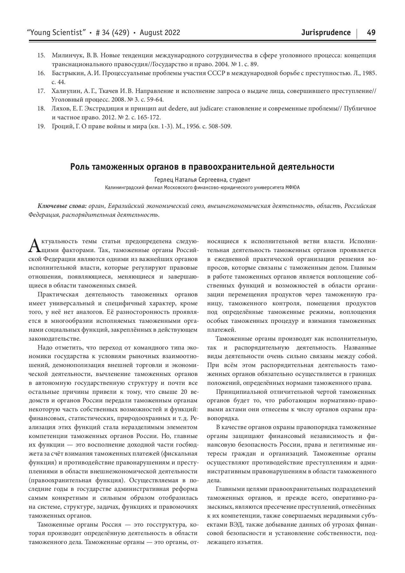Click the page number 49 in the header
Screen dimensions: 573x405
click(x=371, y=32)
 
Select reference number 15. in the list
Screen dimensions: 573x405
click(x=41, y=55)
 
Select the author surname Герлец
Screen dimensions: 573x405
click(x=164, y=180)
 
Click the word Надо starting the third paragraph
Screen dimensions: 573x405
click(x=45, y=347)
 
